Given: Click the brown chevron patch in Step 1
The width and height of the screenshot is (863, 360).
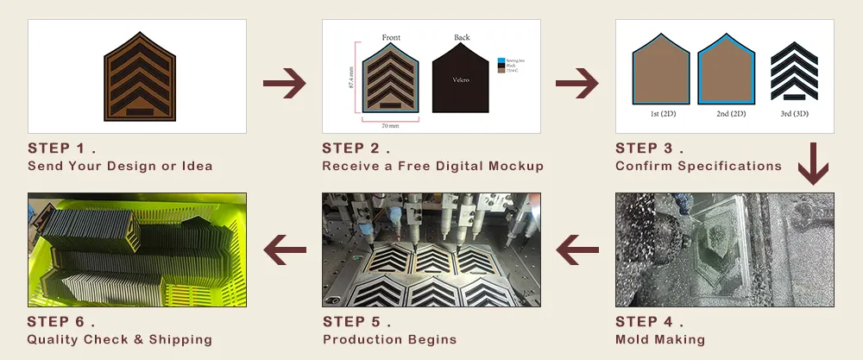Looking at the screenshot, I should (139, 76).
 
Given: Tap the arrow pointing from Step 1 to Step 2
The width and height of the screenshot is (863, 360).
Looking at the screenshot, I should (284, 85).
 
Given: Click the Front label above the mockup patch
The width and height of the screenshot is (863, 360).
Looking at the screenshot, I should (391, 37).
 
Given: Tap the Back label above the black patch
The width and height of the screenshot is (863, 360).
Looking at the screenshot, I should (462, 37).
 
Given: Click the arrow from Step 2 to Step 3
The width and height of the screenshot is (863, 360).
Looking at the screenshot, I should (577, 85).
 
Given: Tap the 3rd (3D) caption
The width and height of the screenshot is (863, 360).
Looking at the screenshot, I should (795, 113).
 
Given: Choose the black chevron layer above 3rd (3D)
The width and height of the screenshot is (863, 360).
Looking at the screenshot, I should (795, 69).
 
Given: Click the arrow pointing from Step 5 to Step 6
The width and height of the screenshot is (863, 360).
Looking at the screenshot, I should (285, 252).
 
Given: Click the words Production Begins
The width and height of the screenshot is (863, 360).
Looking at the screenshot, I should (389, 339).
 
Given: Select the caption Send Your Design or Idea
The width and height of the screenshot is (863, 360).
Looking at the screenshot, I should (120, 166).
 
